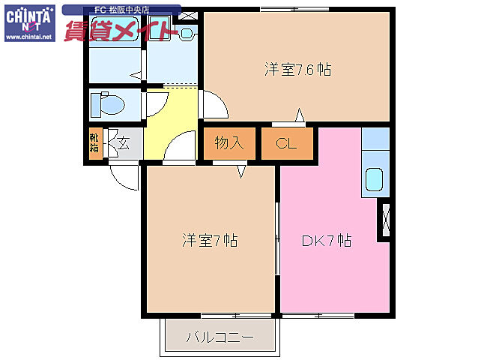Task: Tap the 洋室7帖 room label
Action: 210,241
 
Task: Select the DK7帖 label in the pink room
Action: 327,241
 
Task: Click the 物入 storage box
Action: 229,143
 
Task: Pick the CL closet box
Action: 286,143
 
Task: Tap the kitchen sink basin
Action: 374,181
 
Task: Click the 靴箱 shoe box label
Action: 94,142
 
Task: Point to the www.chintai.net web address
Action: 28,36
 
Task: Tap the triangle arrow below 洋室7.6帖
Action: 300,115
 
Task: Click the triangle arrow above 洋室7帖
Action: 242,173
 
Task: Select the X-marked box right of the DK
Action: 386,220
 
